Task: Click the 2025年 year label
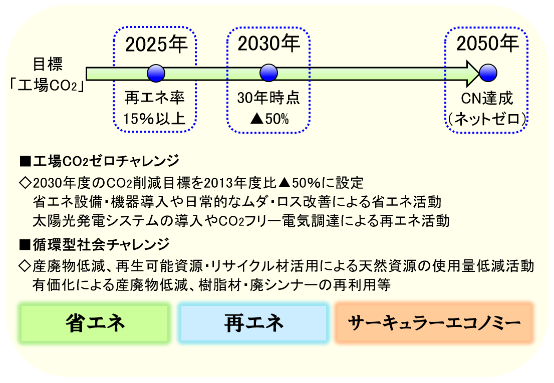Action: click(x=156, y=45)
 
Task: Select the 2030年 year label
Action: click(x=269, y=44)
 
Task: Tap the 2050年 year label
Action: click(x=487, y=44)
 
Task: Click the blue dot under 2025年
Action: click(x=156, y=74)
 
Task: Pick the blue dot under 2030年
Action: click(x=268, y=73)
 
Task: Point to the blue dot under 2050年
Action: click(x=488, y=73)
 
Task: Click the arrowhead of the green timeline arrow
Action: click(x=473, y=74)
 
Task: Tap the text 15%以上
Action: click(x=154, y=119)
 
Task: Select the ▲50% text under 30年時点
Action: click(x=269, y=119)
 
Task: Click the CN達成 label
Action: click(x=487, y=98)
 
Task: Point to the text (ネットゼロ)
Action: click(x=487, y=119)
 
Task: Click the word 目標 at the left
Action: click(x=48, y=64)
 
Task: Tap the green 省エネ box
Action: click(x=95, y=323)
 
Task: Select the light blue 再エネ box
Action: click(x=253, y=323)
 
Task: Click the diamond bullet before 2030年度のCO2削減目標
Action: click(x=25, y=183)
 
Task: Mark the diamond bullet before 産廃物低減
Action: click(x=25, y=266)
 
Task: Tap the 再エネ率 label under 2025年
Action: click(x=154, y=98)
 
